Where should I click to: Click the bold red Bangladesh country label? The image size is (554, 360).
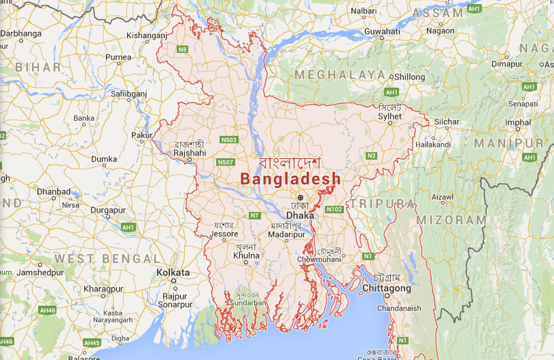pyautogui.click(x=290, y=179)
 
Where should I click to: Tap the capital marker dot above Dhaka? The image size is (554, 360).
pyautogui.click(x=300, y=198)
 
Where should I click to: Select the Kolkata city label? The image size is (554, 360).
pyautogui.click(x=173, y=272)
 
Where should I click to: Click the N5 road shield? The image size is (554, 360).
pyautogui.click(x=182, y=50)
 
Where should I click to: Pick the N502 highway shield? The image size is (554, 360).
pyautogui.click(x=229, y=140)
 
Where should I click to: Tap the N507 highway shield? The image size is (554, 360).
pyautogui.click(x=226, y=162)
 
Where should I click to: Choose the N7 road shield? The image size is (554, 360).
pyautogui.click(x=255, y=215)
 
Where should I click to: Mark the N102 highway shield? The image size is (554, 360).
pyautogui.click(x=333, y=209)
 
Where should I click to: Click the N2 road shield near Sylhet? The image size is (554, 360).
pyautogui.click(x=371, y=156)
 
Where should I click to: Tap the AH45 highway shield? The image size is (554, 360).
pyautogui.click(x=91, y=342)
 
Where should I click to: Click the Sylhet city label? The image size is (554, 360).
pyautogui.click(x=390, y=116)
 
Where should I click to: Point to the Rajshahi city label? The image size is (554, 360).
pyautogui.click(x=190, y=153)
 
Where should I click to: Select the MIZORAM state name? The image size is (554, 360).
pyautogui.click(x=451, y=220)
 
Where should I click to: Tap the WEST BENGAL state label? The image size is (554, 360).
pyautogui.click(x=107, y=259)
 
